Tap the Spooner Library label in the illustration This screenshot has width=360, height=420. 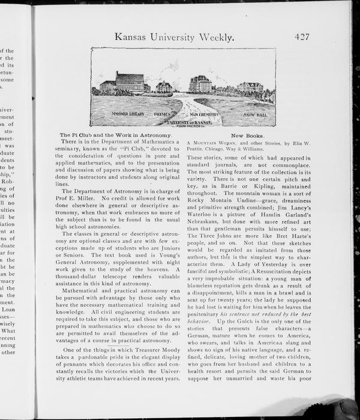point(127,113)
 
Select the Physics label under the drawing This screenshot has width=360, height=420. point(163,113)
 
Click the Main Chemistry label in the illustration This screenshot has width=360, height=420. point(205,113)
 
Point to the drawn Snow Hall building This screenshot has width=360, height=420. point(249,87)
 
